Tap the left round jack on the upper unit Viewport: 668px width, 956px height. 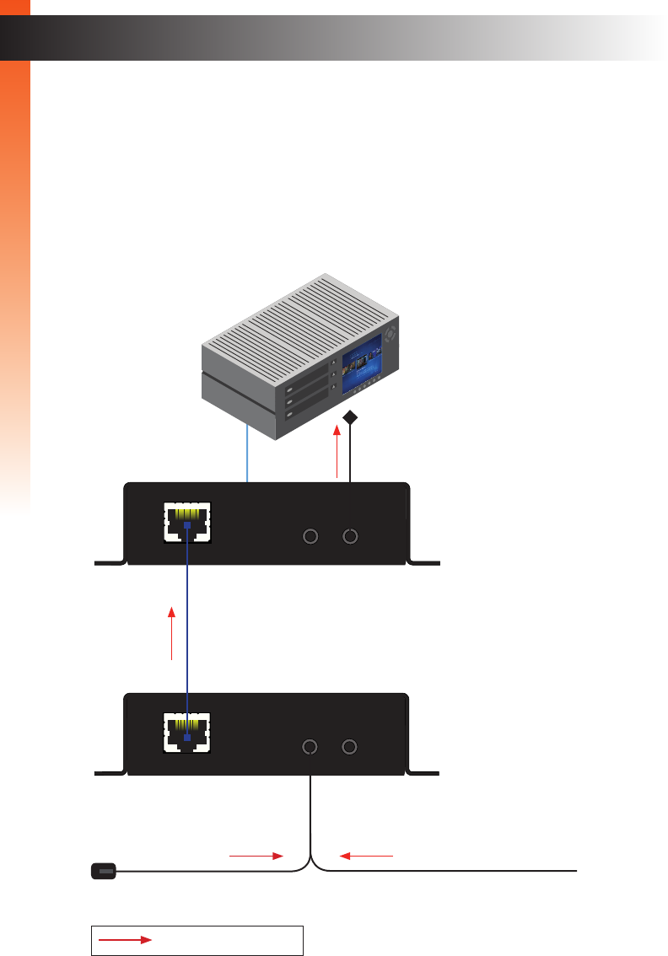pos(311,536)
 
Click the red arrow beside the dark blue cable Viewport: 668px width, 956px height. pos(172,631)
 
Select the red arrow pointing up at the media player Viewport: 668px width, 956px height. pos(337,452)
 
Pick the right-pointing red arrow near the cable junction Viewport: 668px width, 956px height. pos(256,855)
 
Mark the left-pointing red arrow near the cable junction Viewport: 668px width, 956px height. pos(367,855)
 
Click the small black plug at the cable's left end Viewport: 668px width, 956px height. pos(103,869)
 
